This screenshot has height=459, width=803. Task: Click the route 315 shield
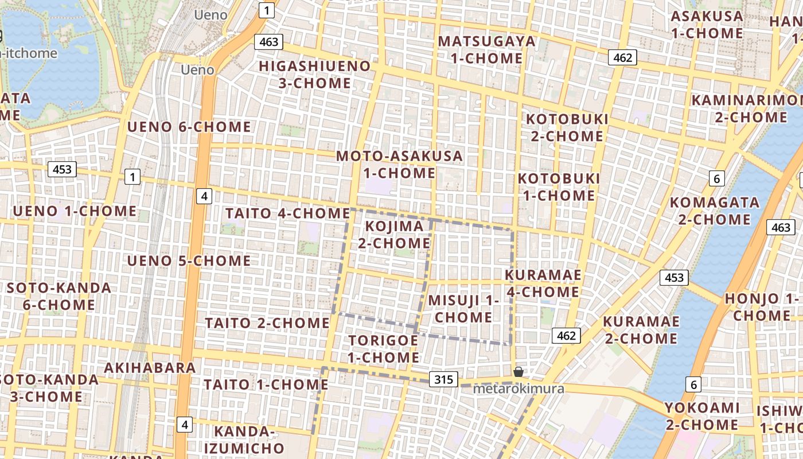(443, 379)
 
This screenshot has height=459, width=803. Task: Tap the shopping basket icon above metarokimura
(519, 372)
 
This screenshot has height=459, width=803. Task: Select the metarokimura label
(519, 389)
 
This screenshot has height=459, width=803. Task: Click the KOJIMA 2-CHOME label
(394, 235)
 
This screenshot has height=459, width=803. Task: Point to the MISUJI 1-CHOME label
(463, 309)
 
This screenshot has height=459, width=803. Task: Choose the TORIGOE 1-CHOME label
(384, 349)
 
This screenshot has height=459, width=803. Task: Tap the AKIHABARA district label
(150, 368)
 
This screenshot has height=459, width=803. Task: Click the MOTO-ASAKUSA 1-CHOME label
(399, 164)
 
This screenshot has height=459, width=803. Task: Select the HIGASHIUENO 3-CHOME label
(314, 75)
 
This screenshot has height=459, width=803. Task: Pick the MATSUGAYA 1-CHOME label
(486, 50)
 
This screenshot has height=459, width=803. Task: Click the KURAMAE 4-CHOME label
(543, 283)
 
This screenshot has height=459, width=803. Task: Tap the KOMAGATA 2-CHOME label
(714, 211)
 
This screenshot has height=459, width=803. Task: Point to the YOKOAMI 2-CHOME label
(701, 417)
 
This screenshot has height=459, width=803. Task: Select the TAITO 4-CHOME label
(287, 213)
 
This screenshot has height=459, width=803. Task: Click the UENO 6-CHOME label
(189, 127)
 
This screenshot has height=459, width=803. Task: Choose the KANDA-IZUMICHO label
(249, 439)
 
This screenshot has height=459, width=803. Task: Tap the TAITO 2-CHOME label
(267, 323)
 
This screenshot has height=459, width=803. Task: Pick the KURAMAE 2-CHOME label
(641, 330)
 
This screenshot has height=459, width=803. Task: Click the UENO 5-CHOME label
(189, 261)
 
